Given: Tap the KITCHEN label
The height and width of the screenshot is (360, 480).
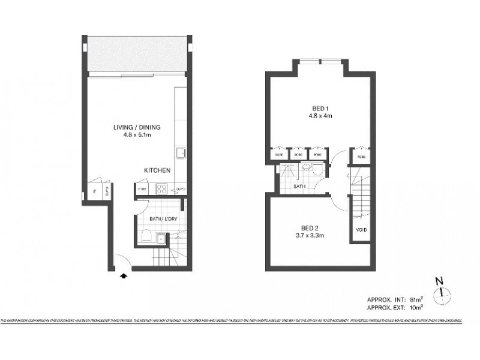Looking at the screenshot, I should click(157, 171).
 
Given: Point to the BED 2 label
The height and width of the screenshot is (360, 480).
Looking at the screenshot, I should click(309, 227).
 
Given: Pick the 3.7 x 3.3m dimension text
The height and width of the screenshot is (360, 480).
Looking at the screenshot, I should click(309, 235).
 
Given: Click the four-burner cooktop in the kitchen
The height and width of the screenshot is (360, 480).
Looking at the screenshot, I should click(162, 189).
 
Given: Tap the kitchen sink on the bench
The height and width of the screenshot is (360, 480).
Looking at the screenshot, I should click(179, 151).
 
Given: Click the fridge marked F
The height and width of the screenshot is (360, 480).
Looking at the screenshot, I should click(94, 192).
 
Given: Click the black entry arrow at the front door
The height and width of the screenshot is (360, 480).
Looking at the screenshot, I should click(124, 276).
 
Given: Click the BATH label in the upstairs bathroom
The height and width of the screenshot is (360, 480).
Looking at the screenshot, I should click(300, 187).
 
